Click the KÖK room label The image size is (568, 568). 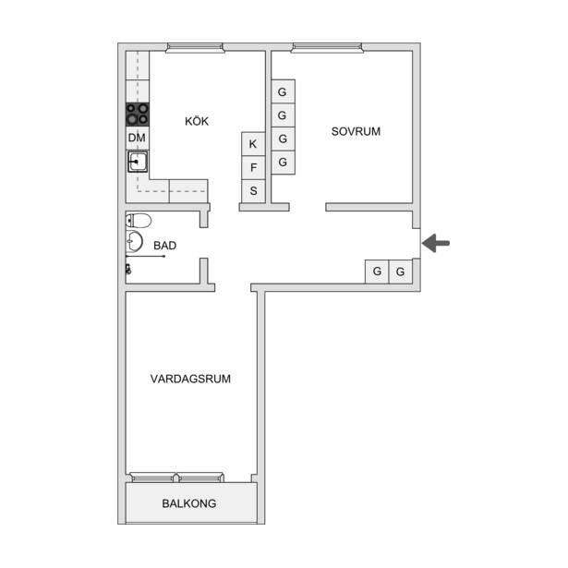(197, 121)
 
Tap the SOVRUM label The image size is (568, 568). (356, 131)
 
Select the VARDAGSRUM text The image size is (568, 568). (190, 379)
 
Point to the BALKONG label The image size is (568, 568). (189, 503)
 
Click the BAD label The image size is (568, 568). (164, 246)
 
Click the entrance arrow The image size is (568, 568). (436, 243)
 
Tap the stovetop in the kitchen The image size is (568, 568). (138, 115)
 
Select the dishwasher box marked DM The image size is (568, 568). (138, 138)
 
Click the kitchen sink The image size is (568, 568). (138, 162)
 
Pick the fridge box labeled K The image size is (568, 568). (253, 144)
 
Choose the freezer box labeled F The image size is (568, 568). (253, 168)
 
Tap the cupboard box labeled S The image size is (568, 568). (253, 191)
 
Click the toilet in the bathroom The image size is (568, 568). (139, 220)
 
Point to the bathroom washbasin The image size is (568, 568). (134, 241)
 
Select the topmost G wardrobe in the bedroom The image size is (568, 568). (283, 91)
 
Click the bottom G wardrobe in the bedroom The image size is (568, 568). (283, 163)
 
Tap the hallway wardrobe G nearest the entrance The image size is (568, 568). (400, 272)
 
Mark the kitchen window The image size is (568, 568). (195, 48)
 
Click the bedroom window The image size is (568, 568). (327, 48)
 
